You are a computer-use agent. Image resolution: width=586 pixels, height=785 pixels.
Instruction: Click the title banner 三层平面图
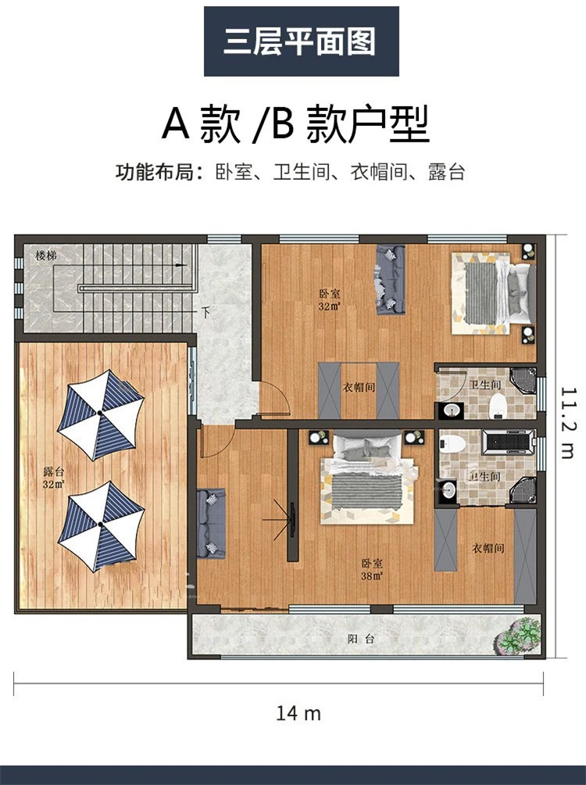pos(301,41)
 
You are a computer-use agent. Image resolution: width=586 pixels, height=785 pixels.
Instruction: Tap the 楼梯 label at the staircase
pos(46,256)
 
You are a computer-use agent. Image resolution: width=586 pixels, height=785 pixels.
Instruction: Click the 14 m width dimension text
pos(298,713)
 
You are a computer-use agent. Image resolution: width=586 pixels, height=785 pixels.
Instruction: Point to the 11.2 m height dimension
pos(570,422)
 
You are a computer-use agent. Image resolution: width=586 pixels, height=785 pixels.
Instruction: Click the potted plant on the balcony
pos(520,634)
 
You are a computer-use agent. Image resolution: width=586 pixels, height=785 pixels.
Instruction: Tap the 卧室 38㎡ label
pos(371,568)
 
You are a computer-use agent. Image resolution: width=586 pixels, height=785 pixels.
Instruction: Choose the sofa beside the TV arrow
pos(210,522)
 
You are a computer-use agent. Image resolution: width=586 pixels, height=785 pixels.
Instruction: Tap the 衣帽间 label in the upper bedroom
pos(359,386)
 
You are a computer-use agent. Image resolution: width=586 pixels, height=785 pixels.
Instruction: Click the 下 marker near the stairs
pos(205,313)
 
